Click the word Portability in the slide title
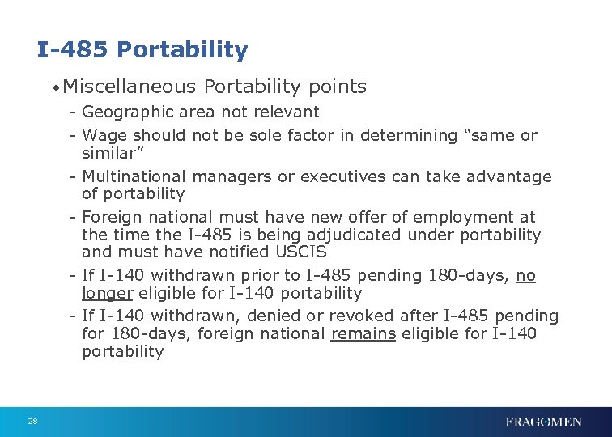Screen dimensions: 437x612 tap(182, 51)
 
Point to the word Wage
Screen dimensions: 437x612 tap(103, 135)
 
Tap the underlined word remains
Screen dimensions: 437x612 tap(363, 333)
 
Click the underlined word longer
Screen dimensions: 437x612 tap(108, 293)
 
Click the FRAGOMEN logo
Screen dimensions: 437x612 tap(543, 421)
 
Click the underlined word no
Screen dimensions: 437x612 tap(526, 276)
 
